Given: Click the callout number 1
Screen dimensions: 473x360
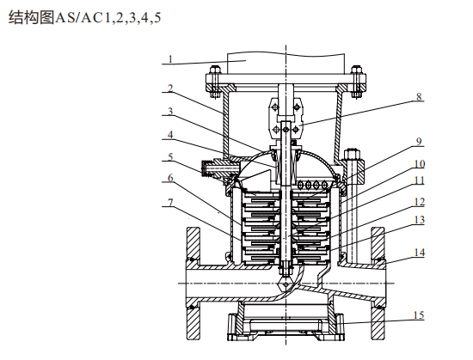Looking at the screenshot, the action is pyautogui.click(x=170, y=59).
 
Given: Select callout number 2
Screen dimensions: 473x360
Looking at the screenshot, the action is pyautogui.click(x=170, y=88).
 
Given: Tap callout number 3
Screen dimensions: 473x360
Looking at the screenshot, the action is pyautogui.click(x=170, y=111).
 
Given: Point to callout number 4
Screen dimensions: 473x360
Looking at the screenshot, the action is pyautogui.click(x=170, y=135).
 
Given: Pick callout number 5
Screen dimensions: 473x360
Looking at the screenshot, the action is pyautogui.click(x=170, y=156).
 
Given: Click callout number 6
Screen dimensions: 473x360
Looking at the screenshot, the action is pyautogui.click(x=170, y=178).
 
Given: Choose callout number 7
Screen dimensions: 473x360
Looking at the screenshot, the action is pyautogui.click(x=170, y=203).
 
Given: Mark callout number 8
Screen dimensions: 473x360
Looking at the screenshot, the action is pyautogui.click(x=419, y=97).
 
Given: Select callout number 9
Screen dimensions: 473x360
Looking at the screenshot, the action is pyautogui.click(x=419, y=141).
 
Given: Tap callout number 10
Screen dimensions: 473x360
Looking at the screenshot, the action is pyautogui.click(x=420, y=164).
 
